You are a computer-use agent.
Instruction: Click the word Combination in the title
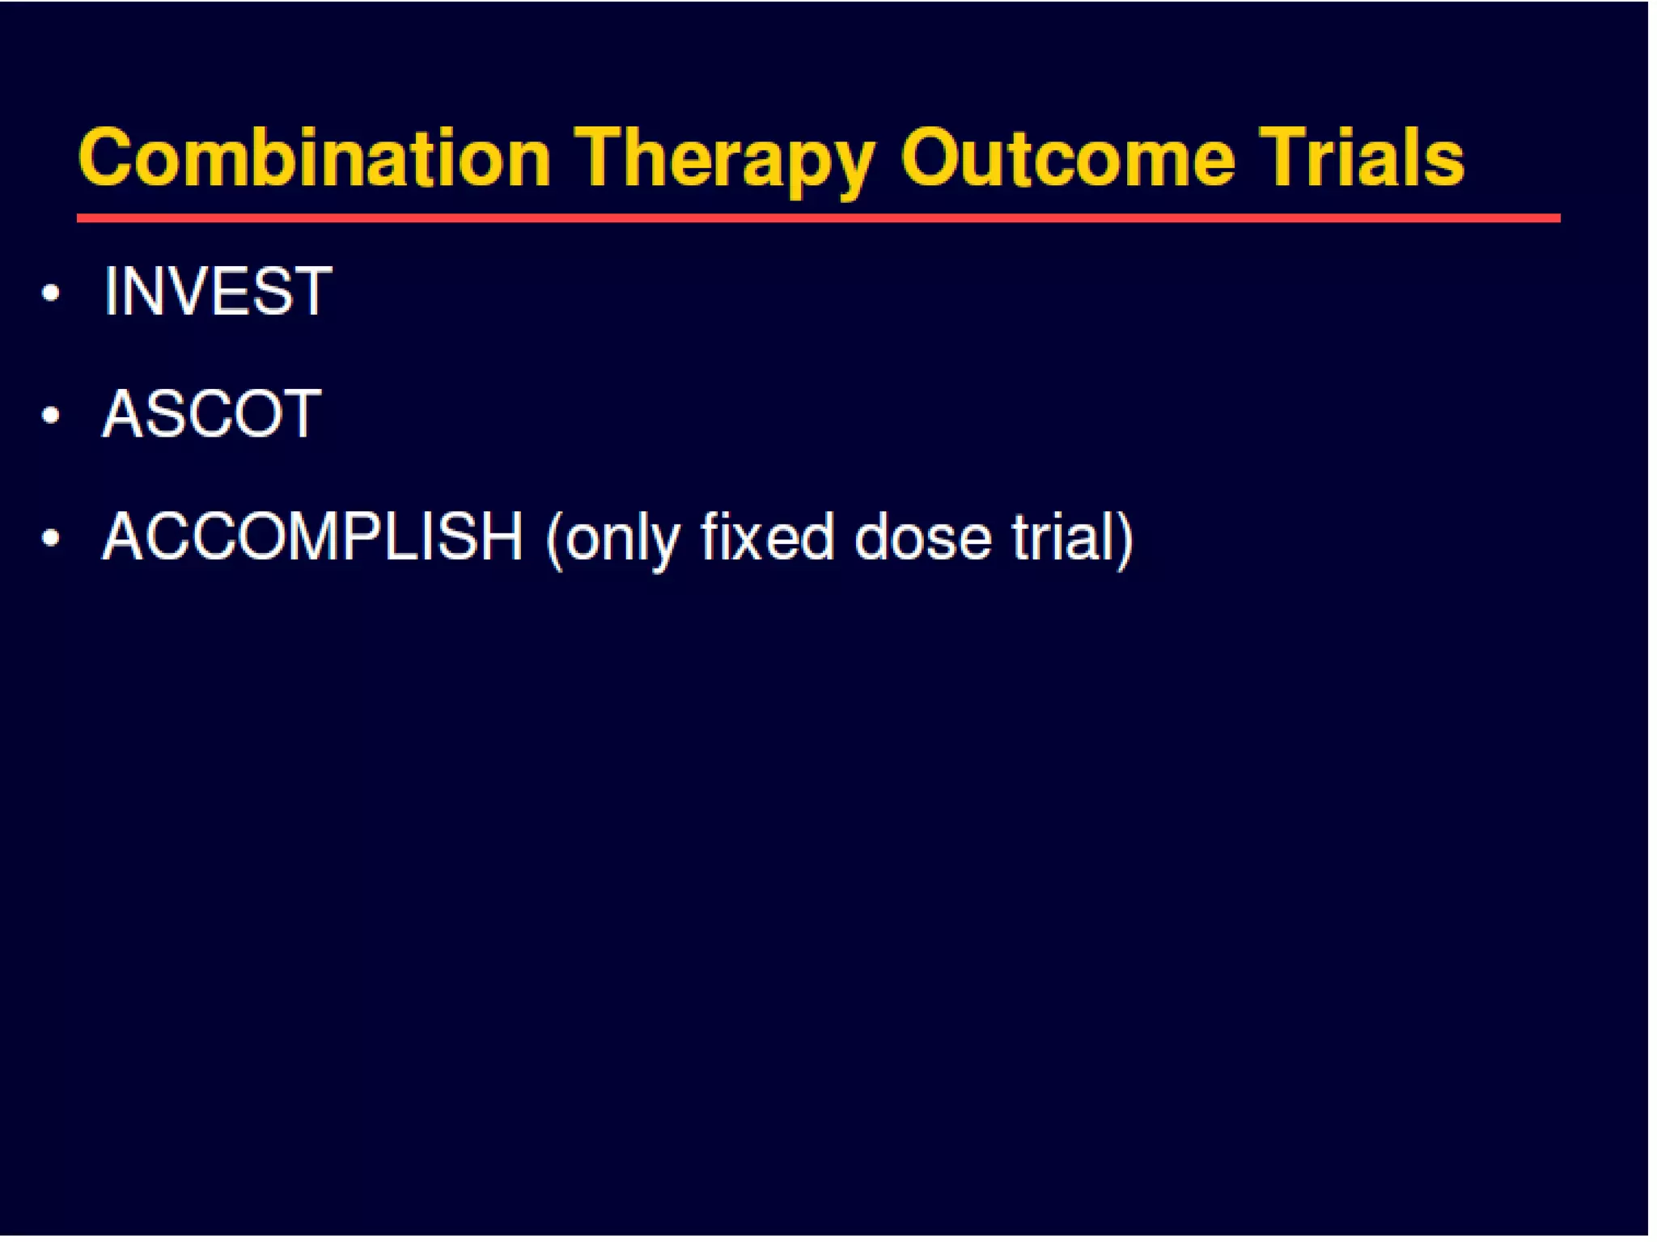[314, 158]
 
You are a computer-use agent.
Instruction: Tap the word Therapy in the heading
[724, 160]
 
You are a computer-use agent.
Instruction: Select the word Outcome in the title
[1067, 158]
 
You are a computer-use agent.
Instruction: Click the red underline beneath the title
[817, 218]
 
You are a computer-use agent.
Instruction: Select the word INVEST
[217, 292]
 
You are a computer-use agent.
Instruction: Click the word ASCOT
[211, 414]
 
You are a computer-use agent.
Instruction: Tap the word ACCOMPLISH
[312, 537]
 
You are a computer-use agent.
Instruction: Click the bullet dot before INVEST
[51, 293]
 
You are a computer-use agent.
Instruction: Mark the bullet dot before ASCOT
[51, 416]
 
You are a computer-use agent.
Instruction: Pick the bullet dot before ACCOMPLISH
[51, 538]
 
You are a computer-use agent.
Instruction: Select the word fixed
[766, 537]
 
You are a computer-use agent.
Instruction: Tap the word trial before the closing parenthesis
[1060, 537]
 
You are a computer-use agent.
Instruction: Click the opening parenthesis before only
[554, 540]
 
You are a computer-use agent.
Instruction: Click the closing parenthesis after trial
[1124, 540]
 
